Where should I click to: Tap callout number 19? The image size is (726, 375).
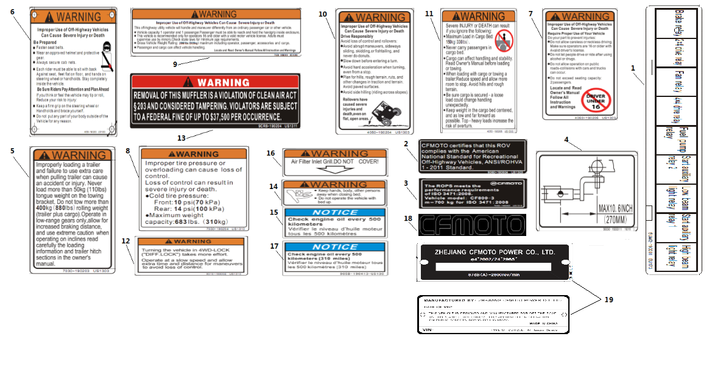click(609, 300)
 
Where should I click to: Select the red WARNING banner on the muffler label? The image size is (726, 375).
click(215, 82)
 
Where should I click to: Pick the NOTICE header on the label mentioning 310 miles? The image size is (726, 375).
click(336, 247)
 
